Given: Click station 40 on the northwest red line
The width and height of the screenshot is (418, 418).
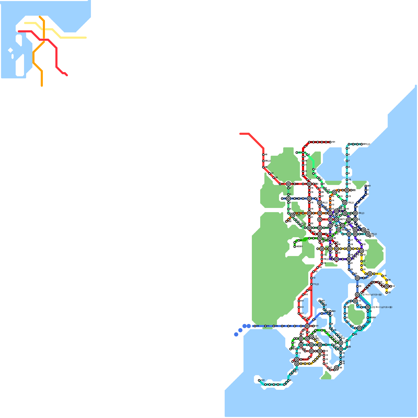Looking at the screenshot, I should click(x=263, y=155).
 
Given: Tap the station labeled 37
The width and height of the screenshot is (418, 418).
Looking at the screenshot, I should click(x=270, y=173).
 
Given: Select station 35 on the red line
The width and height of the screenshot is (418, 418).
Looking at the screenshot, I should click(x=280, y=184).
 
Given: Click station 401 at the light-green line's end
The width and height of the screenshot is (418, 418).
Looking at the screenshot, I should click(x=297, y=153).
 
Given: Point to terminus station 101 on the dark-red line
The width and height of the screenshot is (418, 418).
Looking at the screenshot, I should click(x=330, y=142).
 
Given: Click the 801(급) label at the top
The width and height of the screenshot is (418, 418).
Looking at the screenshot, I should click(x=367, y=144).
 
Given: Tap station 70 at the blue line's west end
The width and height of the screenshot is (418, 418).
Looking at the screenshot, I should click(x=282, y=199).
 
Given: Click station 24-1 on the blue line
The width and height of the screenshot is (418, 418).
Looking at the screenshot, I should click(x=364, y=278).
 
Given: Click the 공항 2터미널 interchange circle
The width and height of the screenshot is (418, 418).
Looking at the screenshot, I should click(x=368, y=307).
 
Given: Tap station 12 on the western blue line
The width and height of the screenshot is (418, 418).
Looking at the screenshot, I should click(x=255, y=326).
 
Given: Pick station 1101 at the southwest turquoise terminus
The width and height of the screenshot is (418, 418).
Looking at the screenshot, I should click(x=259, y=380).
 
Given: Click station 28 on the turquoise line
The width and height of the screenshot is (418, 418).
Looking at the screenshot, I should click(x=353, y=334).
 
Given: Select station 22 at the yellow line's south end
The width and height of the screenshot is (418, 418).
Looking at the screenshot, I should click(x=387, y=293).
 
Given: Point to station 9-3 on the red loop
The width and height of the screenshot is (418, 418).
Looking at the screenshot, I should click(x=299, y=307).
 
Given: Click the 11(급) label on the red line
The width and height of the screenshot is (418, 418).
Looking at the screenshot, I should click(x=316, y=284).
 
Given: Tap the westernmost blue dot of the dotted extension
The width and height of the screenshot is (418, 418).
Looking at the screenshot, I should click(x=236, y=334).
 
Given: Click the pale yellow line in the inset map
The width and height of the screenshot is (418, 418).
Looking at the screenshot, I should click(x=73, y=38).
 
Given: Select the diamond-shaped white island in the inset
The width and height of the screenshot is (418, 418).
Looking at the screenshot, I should click(x=10, y=50).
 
